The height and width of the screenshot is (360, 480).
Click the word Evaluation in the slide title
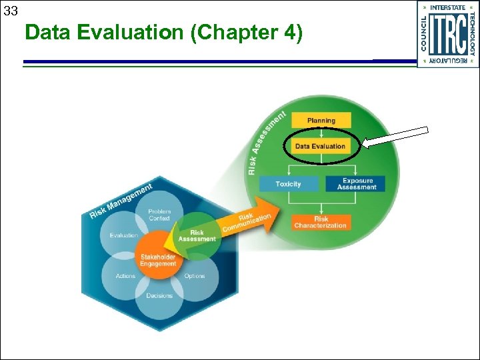[133, 33]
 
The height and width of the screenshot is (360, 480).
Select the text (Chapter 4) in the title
[246, 33]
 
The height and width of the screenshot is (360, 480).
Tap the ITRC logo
[448, 34]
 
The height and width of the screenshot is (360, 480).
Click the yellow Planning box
[321, 121]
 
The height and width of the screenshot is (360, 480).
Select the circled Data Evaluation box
[321, 146]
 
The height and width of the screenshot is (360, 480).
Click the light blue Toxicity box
[288, 184]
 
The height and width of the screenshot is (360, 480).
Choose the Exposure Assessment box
[357, 184]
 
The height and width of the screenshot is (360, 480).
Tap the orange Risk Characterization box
[321, 222]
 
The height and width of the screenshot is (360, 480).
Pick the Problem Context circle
[159, 215]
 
